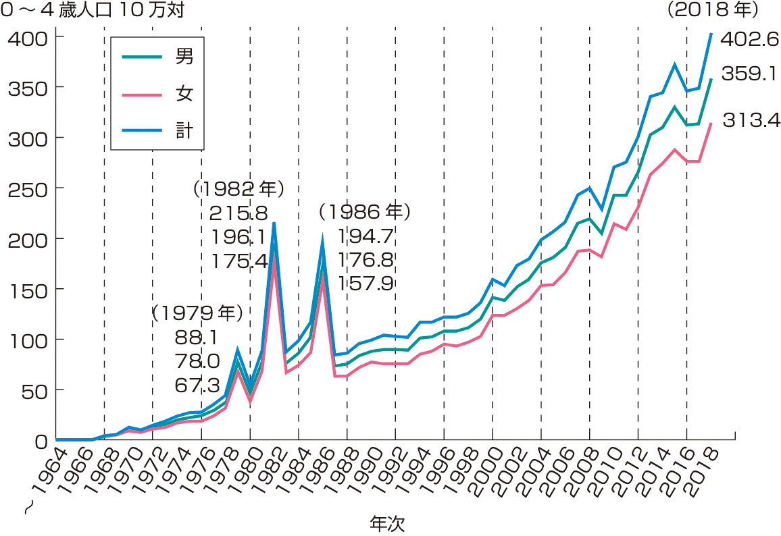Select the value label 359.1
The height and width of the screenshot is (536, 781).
(x=749, y=73)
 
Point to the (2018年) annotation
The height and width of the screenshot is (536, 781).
(x=713, y=11)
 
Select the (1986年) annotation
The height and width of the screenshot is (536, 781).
(x=365, y=212)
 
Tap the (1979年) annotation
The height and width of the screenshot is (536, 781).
(x=195, y=313)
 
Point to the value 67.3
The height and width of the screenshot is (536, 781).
(x=197, y=385)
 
